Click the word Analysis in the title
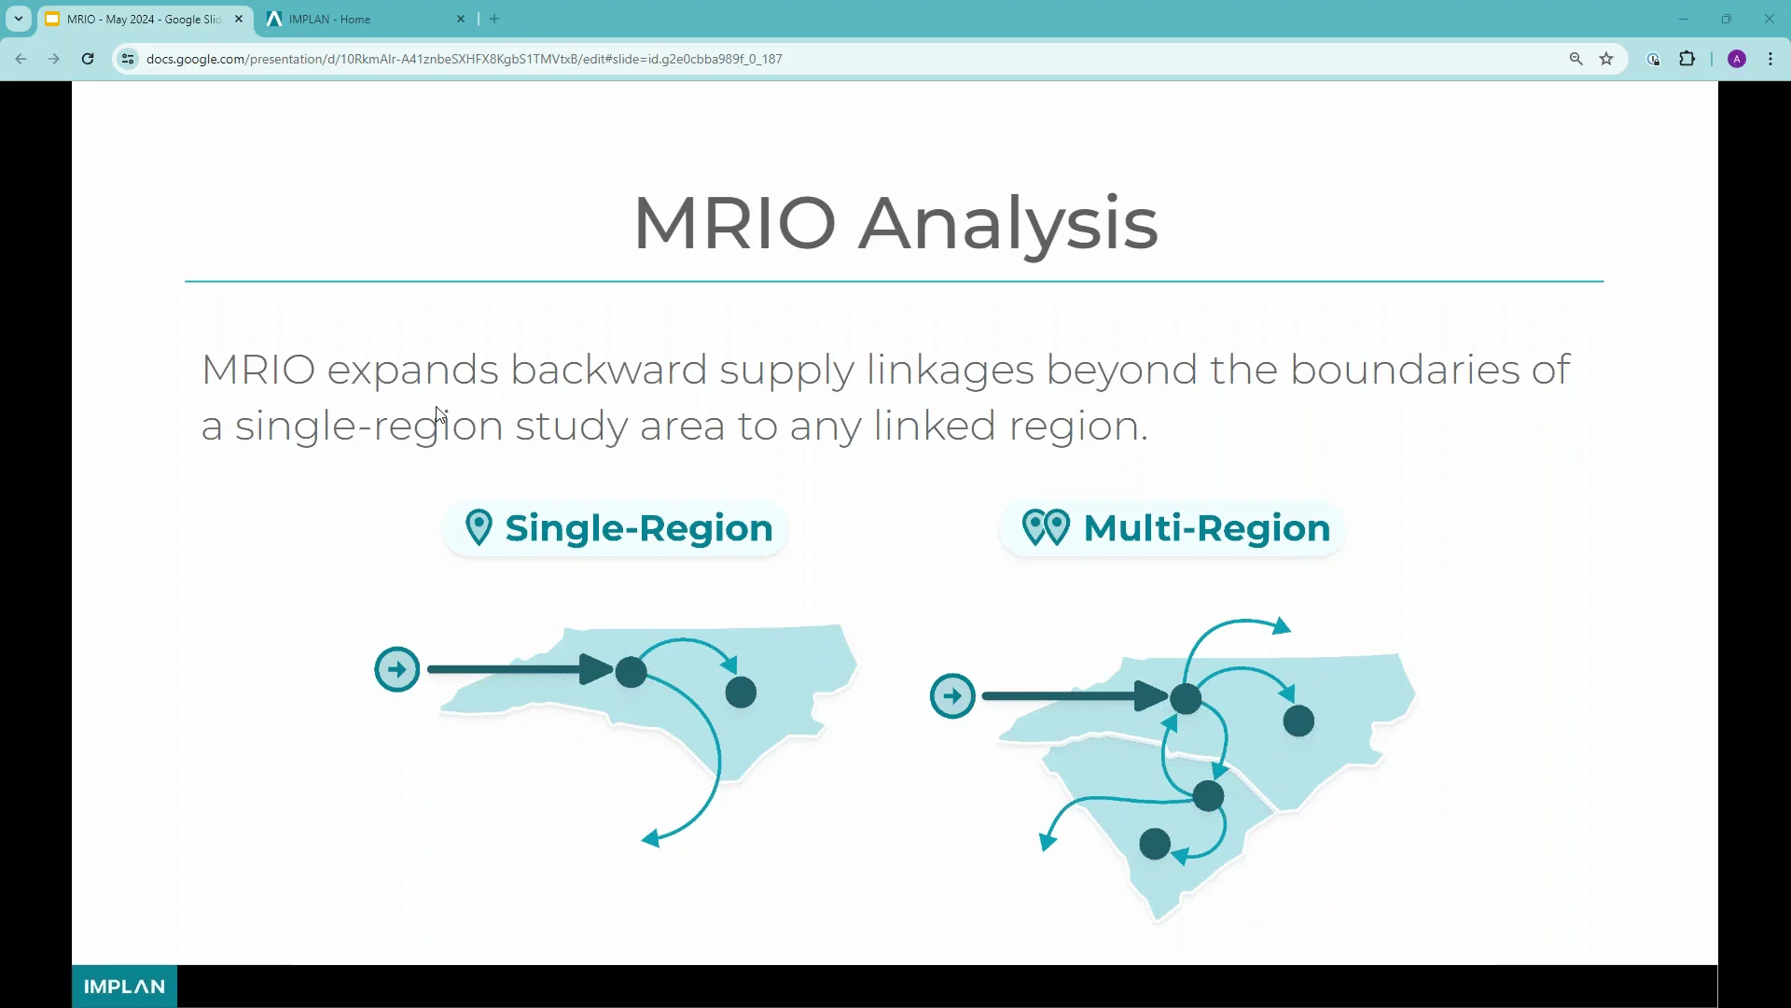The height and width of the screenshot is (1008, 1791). (x=1008, y=225)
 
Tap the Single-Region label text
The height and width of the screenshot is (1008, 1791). (x=639, y=528)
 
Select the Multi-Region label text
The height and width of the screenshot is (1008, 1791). (x=1207, y=528)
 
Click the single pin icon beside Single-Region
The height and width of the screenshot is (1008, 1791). (x=479, y=527)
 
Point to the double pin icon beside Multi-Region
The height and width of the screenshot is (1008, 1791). (x=1046, y=527)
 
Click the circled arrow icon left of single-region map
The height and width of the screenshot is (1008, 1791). (x=397, y=669)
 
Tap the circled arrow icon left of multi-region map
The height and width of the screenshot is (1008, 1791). (x=952, y=696)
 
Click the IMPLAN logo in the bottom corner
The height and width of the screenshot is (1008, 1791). (x=124, y=987)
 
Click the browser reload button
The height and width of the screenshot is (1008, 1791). (x=88, y=59)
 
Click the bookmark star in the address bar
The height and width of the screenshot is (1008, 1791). (x=1606, y=59)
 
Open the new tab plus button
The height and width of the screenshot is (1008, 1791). (x=494, y=19)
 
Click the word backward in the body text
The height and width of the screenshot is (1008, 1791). (x=609, y=370)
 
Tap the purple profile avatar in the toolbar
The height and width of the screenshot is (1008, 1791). (x=1737, y=59)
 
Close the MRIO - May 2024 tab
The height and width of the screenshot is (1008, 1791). (x=239, y=19)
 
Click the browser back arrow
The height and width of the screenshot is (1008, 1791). (x=21, y=59)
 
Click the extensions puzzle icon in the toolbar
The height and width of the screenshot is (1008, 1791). (x=1687, y=59)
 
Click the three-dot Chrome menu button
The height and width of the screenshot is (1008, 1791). (x=1770, y=59)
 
